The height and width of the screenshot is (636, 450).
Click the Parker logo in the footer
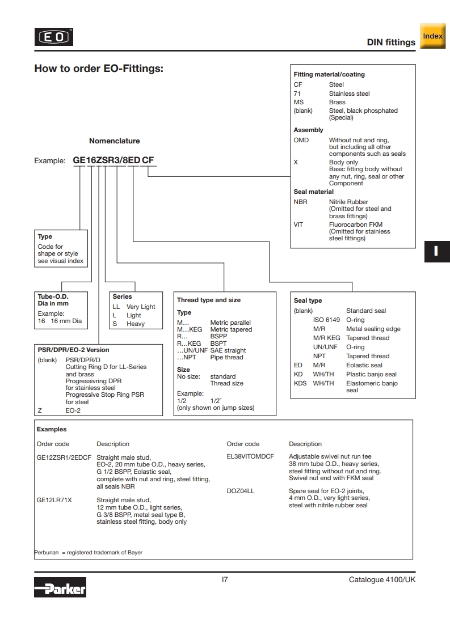[x=60, y=588]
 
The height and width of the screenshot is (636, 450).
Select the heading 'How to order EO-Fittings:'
[x=99, y=69]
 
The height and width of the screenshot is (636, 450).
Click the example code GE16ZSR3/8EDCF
[x=113, y=160]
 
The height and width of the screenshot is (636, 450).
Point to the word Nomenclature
[x=114, y=141]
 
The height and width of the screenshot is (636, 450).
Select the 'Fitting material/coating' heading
[x=329, y=74]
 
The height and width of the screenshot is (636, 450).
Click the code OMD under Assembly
[x=301, y=140]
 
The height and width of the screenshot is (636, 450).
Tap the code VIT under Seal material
[x=298, y=224]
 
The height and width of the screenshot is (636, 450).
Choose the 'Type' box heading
[x=45, y=236]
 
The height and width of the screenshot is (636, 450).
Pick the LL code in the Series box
[x=116, y=307]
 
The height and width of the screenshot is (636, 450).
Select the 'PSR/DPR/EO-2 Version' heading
[x=73, y=350]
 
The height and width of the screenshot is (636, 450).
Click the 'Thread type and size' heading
[x=208, y=300]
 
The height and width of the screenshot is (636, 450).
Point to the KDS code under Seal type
[x=300, y=383]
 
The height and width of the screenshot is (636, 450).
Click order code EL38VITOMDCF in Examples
[x=250, y=456]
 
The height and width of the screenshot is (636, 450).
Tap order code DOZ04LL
[x=241, y=491]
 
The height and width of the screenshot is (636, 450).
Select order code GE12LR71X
[x=54, y=500]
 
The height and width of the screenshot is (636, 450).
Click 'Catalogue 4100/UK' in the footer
[x=382, y=580]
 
